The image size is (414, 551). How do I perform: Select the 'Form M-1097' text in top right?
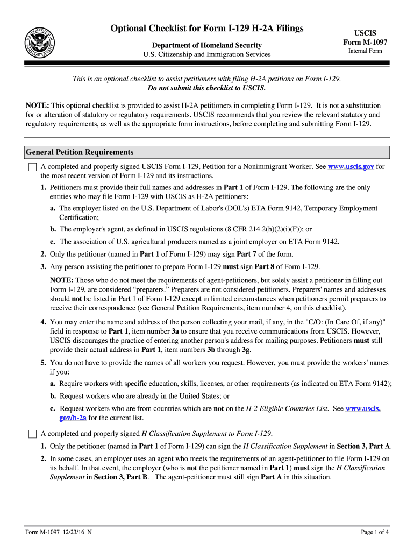(365, 43)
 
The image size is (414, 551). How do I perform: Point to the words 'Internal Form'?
(365, 51)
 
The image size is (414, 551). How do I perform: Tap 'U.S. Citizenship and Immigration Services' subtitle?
(207, 55)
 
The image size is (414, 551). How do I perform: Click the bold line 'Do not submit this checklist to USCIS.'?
(207, 88)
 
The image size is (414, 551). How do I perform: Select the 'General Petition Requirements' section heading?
(80, 152)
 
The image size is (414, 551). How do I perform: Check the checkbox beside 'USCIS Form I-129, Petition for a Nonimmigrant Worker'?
(33, 167)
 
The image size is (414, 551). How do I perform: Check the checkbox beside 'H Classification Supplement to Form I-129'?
(33, 434)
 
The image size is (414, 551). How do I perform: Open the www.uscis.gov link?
(351, 167)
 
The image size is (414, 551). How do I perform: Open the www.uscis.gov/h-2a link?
(363, 408)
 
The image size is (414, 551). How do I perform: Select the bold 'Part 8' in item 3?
(265, 266)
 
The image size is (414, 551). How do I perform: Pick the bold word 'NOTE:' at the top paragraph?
(38, 105)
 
